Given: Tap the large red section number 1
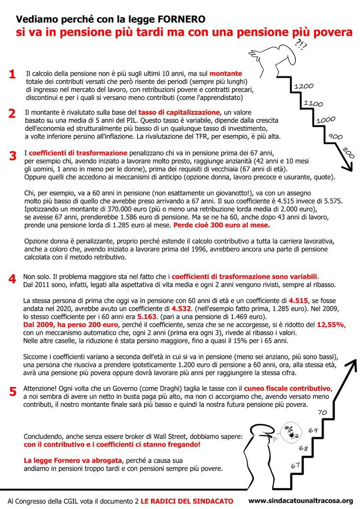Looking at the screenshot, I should point(12,74).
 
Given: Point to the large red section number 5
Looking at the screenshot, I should point(13,391).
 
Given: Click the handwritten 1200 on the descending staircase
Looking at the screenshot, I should point(304,86).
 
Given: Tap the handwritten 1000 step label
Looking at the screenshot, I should point(326,120).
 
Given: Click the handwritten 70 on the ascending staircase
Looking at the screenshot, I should point(323,412).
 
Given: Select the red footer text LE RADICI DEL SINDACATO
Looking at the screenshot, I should point(187,500).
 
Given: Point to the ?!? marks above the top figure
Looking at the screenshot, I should point(301,46).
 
